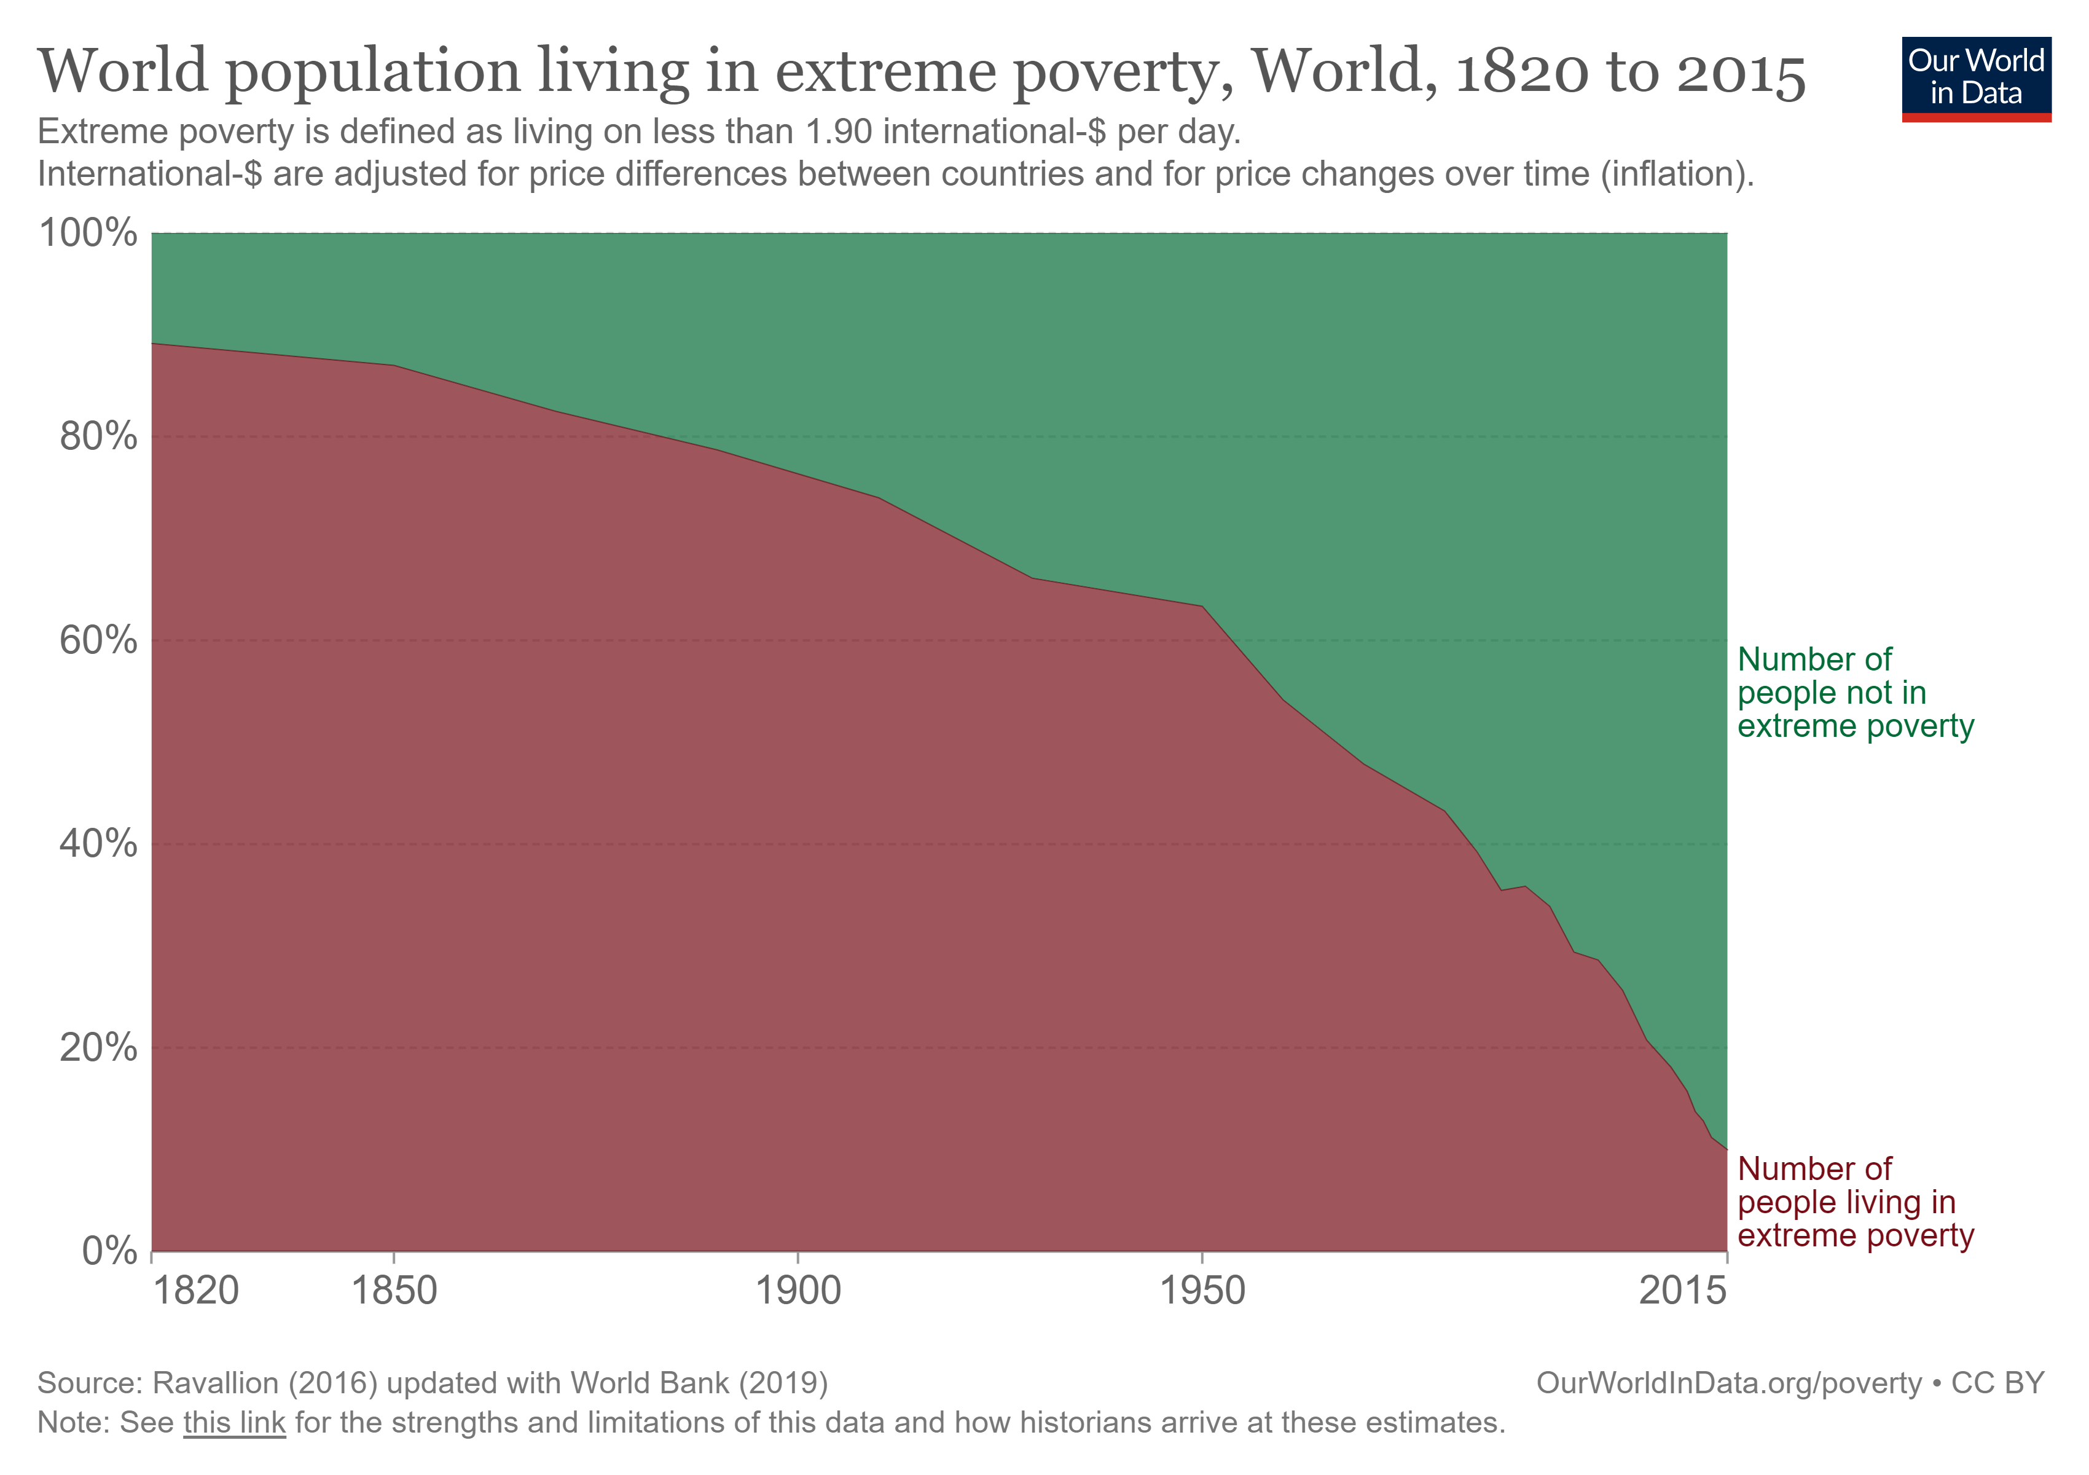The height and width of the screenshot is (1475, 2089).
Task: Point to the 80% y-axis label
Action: coord(98,437)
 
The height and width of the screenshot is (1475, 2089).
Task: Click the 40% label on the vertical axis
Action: coord(98,844)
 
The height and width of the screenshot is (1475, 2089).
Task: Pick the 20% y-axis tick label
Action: coord(98,1048)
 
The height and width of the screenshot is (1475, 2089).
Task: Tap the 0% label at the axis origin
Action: coord(109,1252)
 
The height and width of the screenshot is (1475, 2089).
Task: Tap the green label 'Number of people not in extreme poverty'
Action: coord(1854,693)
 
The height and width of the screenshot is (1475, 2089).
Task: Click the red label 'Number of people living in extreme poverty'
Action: coord(1854,1202)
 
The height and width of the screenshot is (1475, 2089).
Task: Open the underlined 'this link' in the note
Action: coord(234,1422)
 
